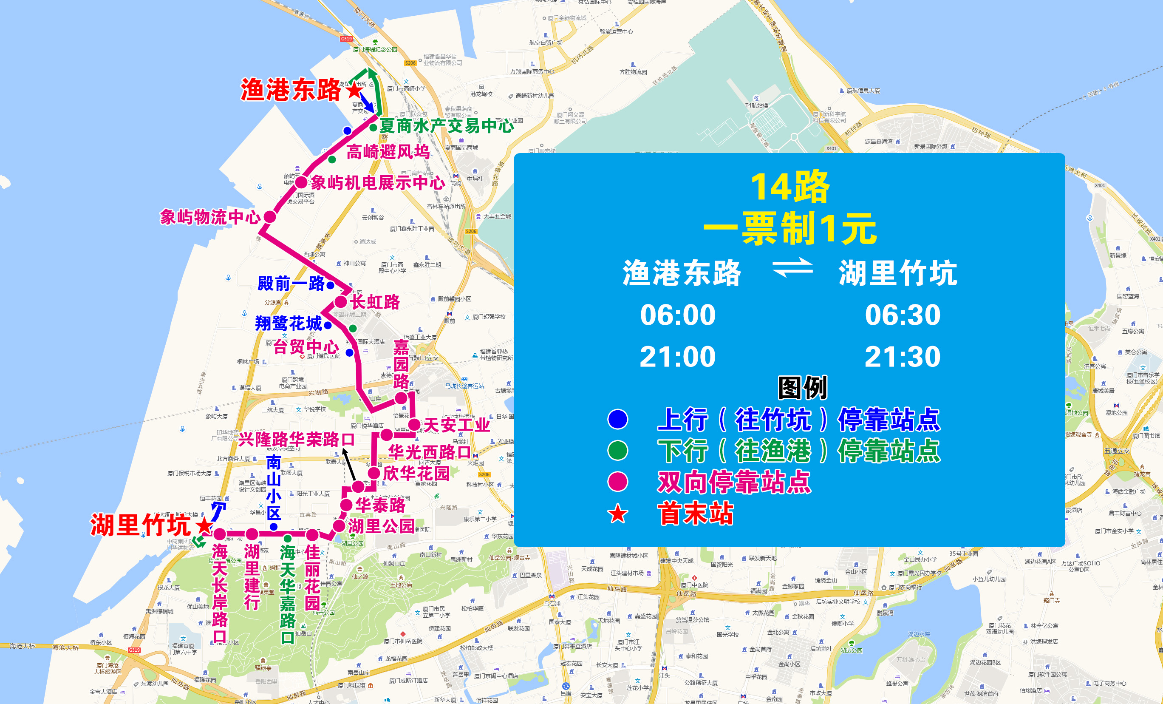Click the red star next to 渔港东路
tap(354, 90)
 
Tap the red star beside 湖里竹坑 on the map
tap(204, 525)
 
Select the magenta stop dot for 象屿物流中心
tap(269, 217)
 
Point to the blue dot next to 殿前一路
tap(331, 285)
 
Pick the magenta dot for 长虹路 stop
tap(341, 302)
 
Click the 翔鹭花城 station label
tap(289, 324)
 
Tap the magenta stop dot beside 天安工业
tap(414, 424)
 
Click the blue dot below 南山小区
tap(274, 526)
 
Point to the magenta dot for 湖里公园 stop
tap(339, 525)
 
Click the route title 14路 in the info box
tap(789, 187)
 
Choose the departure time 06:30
tap(903, 315)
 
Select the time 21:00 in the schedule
tap(677, 357)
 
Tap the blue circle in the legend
tap(617, 419)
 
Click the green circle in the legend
tap(617, 451)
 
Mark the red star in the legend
tap(617, 514)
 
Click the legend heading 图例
tap(802, 388)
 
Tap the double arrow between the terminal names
tap(792, 268)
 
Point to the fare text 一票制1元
tap(789, 229)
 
